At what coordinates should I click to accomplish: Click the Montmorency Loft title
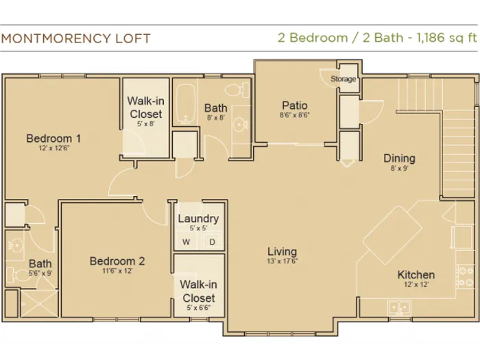coord(76,38)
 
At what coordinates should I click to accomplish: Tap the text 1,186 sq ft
coord(446,38)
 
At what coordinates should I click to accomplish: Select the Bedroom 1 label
coord(54,139)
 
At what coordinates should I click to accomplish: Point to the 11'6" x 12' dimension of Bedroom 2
coord(117,271)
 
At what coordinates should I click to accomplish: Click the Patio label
coord(294,106)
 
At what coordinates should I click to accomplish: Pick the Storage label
coord(343,79)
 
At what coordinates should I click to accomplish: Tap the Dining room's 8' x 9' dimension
coord(400,168)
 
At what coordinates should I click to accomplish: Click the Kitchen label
coord(416,274)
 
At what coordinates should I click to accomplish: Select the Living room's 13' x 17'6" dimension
coord(283,261)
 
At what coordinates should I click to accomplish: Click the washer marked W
coord(186,242)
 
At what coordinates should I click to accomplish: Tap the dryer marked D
coord(212,242)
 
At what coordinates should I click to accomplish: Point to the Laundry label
coord(198,219)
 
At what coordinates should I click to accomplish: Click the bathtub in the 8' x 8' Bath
coord(186,104)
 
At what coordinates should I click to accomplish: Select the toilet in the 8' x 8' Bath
coord(237,90)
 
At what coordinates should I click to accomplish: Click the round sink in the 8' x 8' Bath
coord(240,125)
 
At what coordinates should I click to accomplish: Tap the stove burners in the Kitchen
coord(466,276)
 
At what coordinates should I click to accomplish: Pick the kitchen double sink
coord(399,307)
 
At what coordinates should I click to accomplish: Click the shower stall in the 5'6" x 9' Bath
coord(39,303)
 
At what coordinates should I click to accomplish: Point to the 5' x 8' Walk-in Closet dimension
coord(145,123)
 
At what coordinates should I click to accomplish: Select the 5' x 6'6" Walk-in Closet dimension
coord(199,308)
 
